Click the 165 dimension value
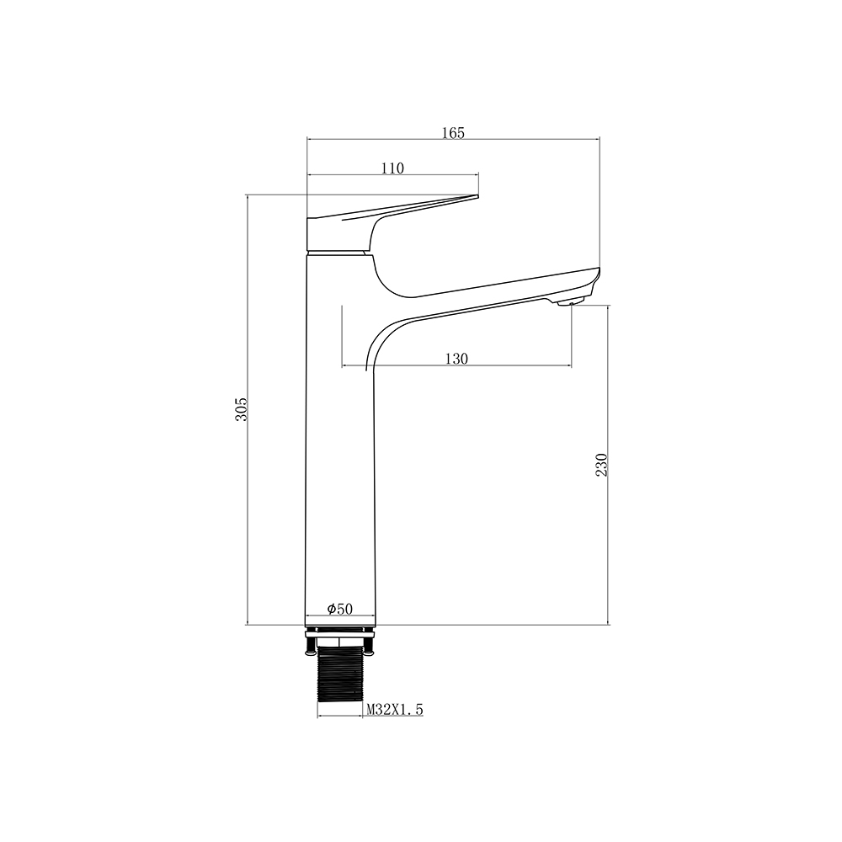(453, 132)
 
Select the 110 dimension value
(392, 168)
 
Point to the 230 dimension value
(601, 465)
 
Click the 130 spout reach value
(456, 359)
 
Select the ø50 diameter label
(340, 609)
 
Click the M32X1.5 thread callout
(395, 710)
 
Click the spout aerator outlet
(570, 302)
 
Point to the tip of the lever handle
(477, 196)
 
